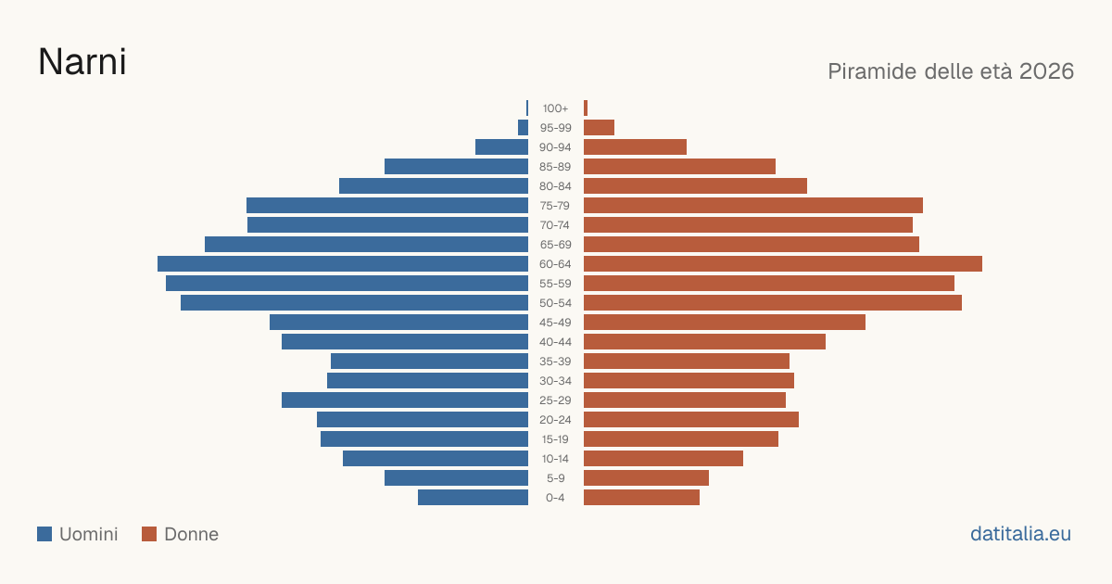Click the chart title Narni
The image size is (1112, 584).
(82, 62)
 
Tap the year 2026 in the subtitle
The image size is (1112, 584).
(1046, 71)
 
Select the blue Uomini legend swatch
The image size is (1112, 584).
(44, 534)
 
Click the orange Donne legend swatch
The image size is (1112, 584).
(149, 534)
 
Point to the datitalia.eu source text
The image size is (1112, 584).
(1020, 534)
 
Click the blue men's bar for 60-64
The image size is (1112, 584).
(343, 263)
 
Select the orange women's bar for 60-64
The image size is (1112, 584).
(783, 263)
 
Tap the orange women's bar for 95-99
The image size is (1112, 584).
(600, 128)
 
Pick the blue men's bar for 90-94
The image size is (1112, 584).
(501, 147)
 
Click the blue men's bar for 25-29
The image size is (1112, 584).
(405, 400)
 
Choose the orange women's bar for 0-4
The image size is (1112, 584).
(642, 498)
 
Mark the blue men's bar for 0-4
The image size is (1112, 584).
(474, 498)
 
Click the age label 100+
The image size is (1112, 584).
(555, 108)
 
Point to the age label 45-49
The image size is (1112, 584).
(555, 323)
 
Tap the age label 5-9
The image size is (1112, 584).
(555, 478)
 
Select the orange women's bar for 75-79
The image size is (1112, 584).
(753, 206)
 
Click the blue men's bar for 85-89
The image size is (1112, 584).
(456, 166)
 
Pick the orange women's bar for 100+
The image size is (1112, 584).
(586, 108)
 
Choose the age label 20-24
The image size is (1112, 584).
(555, 420)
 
